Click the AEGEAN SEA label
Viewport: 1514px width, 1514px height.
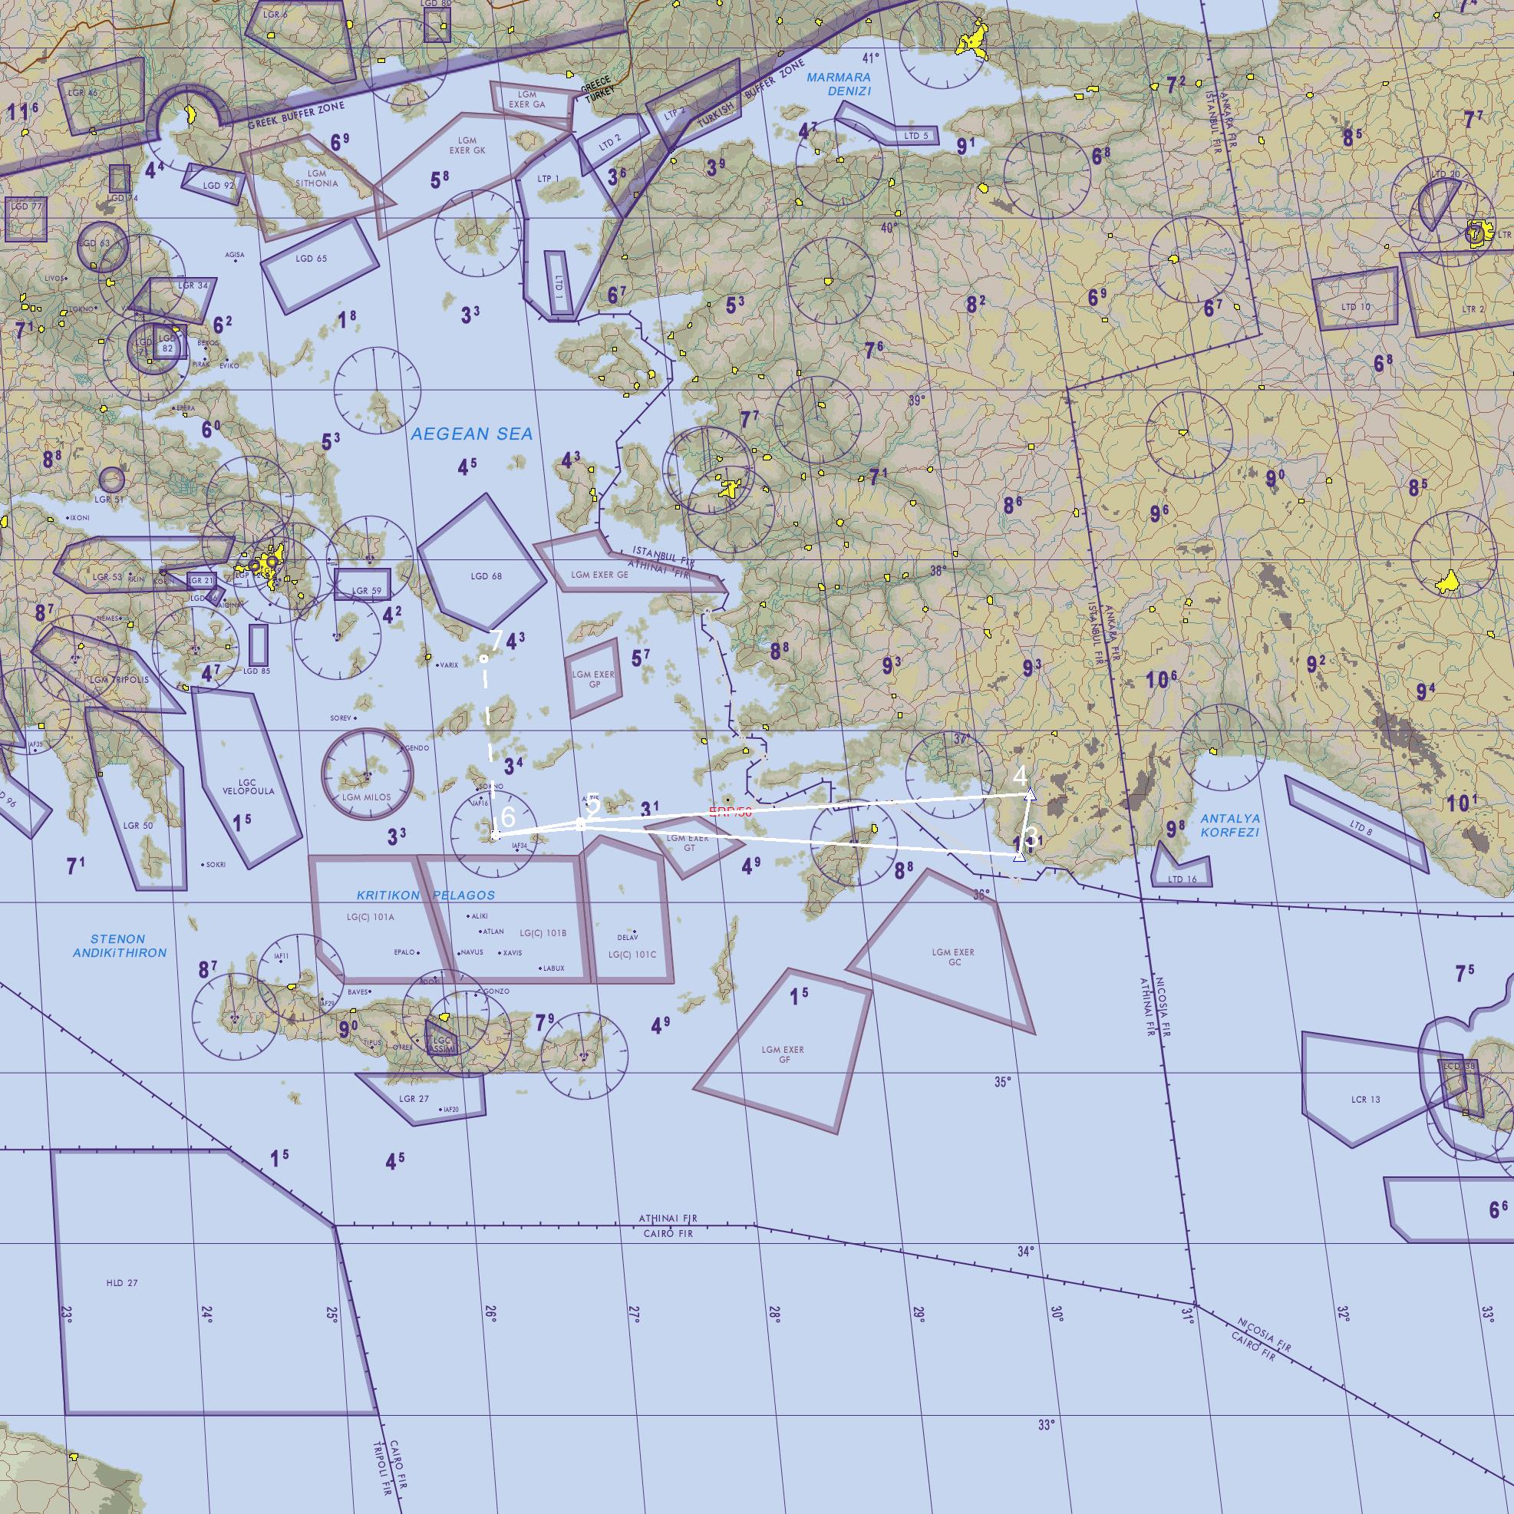(472, 434)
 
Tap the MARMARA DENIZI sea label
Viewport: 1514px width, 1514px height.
(839, 84)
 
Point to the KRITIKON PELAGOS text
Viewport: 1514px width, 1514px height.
(426, 895)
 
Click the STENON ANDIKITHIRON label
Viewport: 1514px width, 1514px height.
(119, 946)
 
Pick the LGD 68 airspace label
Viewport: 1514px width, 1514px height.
(486, 577)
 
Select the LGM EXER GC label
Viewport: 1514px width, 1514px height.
(954, 957)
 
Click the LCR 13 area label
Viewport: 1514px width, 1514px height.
(1365, 1100)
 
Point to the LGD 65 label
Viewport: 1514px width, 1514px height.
(311, 259)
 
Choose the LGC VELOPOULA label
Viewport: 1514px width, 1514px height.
(248, 787)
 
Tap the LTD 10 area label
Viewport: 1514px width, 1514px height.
(1356, 307)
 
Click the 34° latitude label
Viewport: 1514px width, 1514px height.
(1026, 1252)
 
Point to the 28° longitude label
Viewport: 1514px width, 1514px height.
(774, 1314)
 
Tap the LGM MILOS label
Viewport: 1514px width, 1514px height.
(366, 798)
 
